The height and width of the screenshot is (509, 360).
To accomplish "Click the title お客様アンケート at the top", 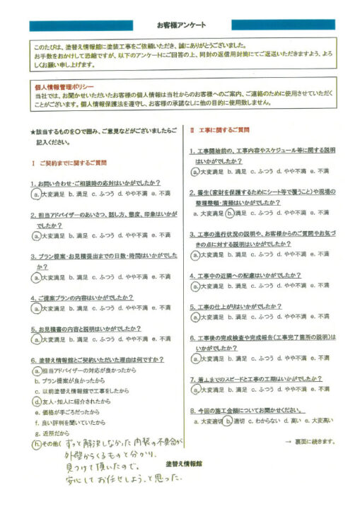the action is pyautogui.click(x=180, y=23).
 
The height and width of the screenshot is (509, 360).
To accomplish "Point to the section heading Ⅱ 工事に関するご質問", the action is pyautogui.click(x=219, y=130).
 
